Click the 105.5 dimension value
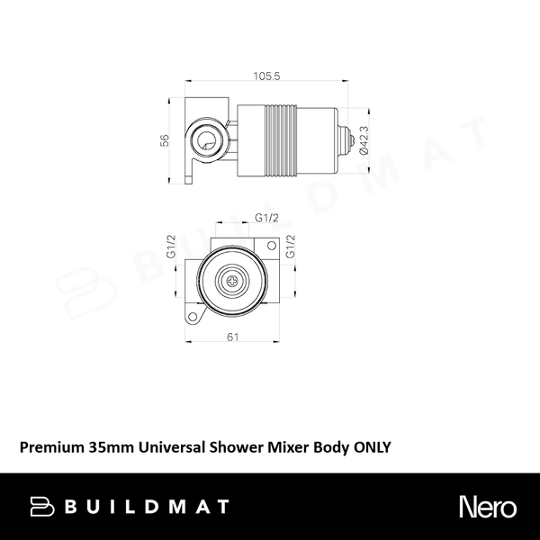point(266,77)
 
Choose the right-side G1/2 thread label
point(290,247)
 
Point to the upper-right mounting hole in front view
point(272,246)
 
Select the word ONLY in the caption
point(371,446)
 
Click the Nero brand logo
point(487,507)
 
